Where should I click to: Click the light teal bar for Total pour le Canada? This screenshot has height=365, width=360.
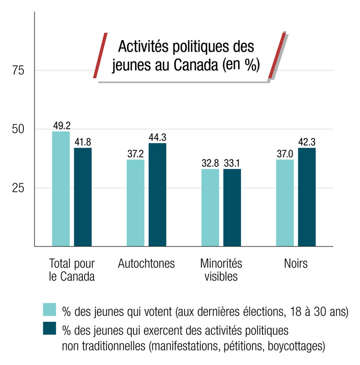[61, 188]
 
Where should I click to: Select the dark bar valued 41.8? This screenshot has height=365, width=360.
[83, 197]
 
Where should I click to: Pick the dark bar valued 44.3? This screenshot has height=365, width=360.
[158, 194]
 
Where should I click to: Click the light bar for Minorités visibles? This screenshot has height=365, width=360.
[210, 208]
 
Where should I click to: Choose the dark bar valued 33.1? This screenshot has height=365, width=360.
[232, 208]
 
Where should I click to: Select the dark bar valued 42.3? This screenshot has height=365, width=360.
[307, 197]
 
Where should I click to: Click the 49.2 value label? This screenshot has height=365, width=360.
[62, 125]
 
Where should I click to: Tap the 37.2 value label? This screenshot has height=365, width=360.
[136, 154]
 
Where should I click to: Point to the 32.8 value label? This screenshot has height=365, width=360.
[210, 163]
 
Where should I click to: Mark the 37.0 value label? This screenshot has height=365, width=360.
[285, 154]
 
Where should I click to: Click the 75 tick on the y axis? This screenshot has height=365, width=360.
[19, 71]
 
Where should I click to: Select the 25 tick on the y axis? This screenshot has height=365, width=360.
[19, 188]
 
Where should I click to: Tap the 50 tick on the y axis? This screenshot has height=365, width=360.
[19, 129]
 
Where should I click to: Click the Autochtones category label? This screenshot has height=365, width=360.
[147, 263]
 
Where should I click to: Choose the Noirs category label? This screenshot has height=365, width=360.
[296, 263]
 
